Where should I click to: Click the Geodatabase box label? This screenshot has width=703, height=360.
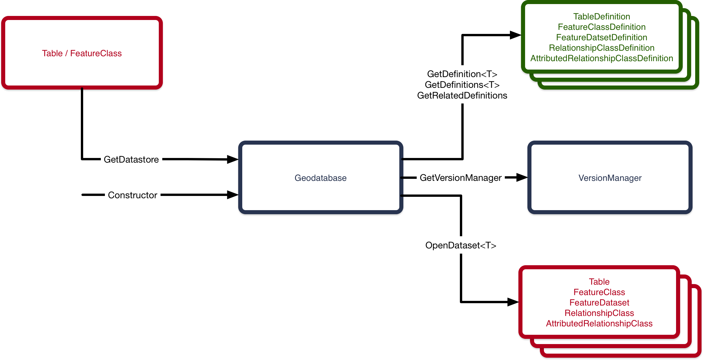(x=320, y=178)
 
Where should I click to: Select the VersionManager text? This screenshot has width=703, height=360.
(x=610, y=178)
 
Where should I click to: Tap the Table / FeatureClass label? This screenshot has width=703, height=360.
(x=82, y=53)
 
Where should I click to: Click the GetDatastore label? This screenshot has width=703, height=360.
(x=131, y=159)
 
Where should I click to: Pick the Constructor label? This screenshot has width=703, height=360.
(x=132, y=195)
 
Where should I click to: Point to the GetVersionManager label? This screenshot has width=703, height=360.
(x=460, y=178)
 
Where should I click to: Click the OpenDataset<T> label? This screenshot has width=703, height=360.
(x=461, y=245)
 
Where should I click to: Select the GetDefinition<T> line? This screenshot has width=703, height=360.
(x=462, y=74)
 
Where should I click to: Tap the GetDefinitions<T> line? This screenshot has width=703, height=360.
(x=462, y=85)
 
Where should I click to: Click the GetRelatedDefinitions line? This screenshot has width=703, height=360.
(x=462, y=95)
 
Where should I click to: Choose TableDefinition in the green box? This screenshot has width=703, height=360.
(x=602, y=17)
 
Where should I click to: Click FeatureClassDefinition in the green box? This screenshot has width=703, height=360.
(x=602, y=27)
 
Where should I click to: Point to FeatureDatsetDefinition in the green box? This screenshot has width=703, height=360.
(x=602, y=37)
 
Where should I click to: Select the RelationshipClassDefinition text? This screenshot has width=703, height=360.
(x=602, y=48)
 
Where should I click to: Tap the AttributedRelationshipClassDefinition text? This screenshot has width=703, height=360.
(x=602, y=58)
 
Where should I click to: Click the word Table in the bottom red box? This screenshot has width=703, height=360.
(x=599, y=282)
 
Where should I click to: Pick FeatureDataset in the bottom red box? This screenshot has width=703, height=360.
(x=599, y=303)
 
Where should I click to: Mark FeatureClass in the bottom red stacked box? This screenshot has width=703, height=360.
(x=599, y=292)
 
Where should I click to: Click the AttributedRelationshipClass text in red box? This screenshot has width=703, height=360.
(x=599, y=323)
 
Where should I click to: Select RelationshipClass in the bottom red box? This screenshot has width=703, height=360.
(x=599, y=313)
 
